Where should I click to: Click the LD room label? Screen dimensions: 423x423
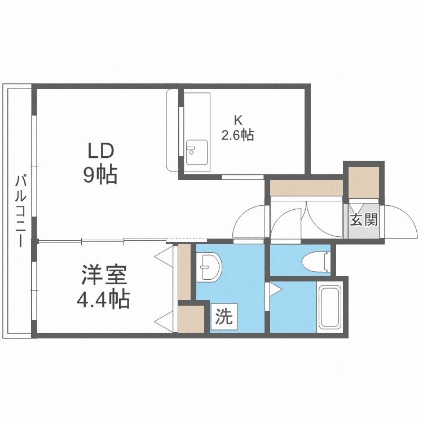click(x=101, y=151)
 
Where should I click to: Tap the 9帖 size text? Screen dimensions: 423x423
click(x=101, y=175)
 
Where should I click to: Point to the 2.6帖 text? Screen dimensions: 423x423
click(x=237, y=135)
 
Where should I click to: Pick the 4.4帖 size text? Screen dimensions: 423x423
click(x=104, y=298)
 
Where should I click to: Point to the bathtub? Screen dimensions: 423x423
click(x=329, y=307)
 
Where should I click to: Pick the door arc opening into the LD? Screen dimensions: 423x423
click(x=248, y=223)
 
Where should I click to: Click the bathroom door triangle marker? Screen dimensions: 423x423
click(x=275, y=291)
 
